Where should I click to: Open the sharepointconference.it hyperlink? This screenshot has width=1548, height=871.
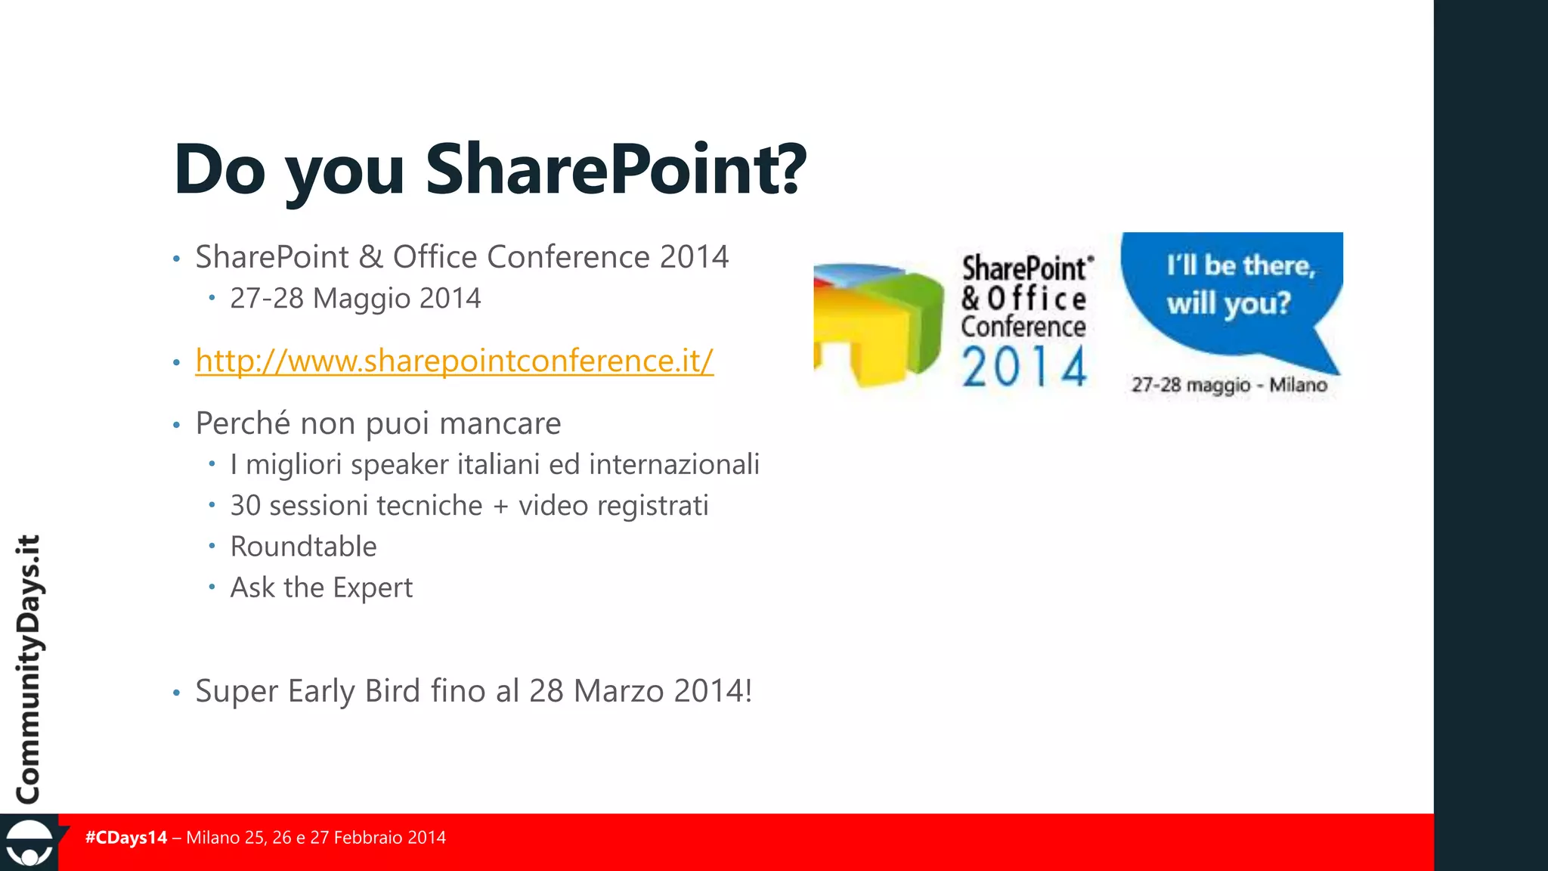point(454,361)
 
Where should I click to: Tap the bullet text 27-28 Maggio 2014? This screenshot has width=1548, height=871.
point(355,299)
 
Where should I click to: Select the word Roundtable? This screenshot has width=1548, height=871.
point(303,547)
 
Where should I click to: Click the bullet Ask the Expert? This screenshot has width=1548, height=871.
point(321,587)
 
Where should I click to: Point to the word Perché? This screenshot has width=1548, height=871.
point(242,423)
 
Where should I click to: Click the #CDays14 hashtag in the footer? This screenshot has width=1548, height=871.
point(126,838)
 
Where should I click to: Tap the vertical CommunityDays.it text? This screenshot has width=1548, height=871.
point(29,669)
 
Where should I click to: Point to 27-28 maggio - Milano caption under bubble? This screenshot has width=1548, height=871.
point(1229,385)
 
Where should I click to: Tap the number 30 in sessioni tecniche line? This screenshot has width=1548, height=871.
point(246,506)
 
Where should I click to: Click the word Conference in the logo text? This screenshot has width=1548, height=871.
point(1023,327)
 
